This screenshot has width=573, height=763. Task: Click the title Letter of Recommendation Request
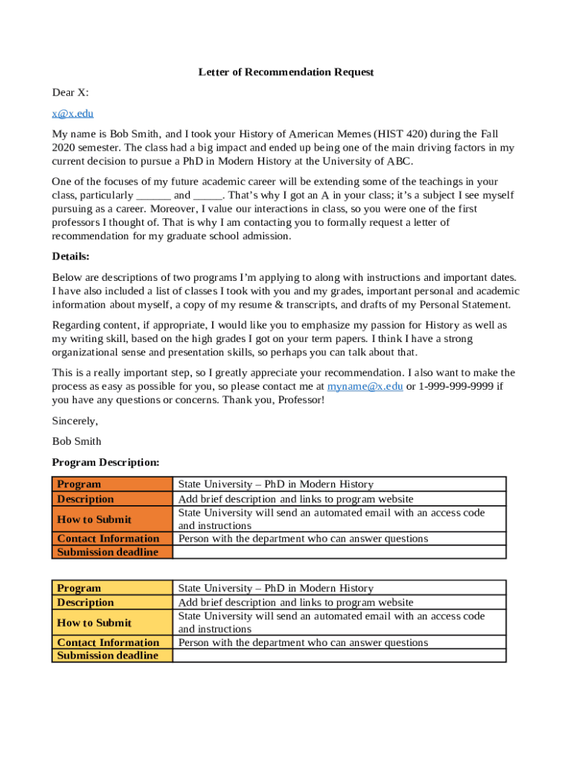point(286,72)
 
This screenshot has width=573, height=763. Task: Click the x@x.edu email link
point(72,113)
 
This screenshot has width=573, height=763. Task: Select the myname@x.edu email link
point(365,387)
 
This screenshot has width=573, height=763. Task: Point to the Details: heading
point(71,256)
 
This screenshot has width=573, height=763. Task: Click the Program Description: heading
point(106,463)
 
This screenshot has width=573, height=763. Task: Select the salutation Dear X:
point(70,92)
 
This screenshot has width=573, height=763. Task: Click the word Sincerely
point(74,421)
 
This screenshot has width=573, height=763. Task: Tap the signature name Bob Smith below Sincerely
point(77,441)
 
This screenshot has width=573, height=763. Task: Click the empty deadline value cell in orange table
point(339,552)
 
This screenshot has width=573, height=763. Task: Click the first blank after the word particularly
point(153,196)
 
